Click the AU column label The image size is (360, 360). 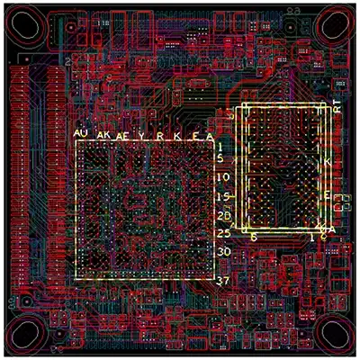82,133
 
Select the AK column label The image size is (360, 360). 104,134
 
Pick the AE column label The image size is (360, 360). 125,135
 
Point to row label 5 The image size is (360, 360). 222,159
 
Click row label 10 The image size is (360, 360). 224,178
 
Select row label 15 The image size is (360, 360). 224,197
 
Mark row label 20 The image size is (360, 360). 224,216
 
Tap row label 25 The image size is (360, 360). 224,234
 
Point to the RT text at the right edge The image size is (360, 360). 337,104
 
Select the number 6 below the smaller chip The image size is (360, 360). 254,237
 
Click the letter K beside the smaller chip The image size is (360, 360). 328,161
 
